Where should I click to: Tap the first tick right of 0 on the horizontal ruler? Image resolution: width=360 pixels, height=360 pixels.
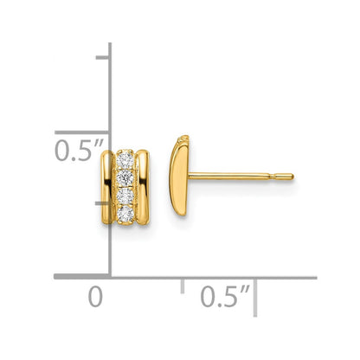[x=181, y=283]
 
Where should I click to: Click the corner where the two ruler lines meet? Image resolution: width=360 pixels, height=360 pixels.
[x=108, y=277]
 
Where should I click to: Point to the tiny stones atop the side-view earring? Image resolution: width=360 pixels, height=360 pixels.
[x=181, y=139]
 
